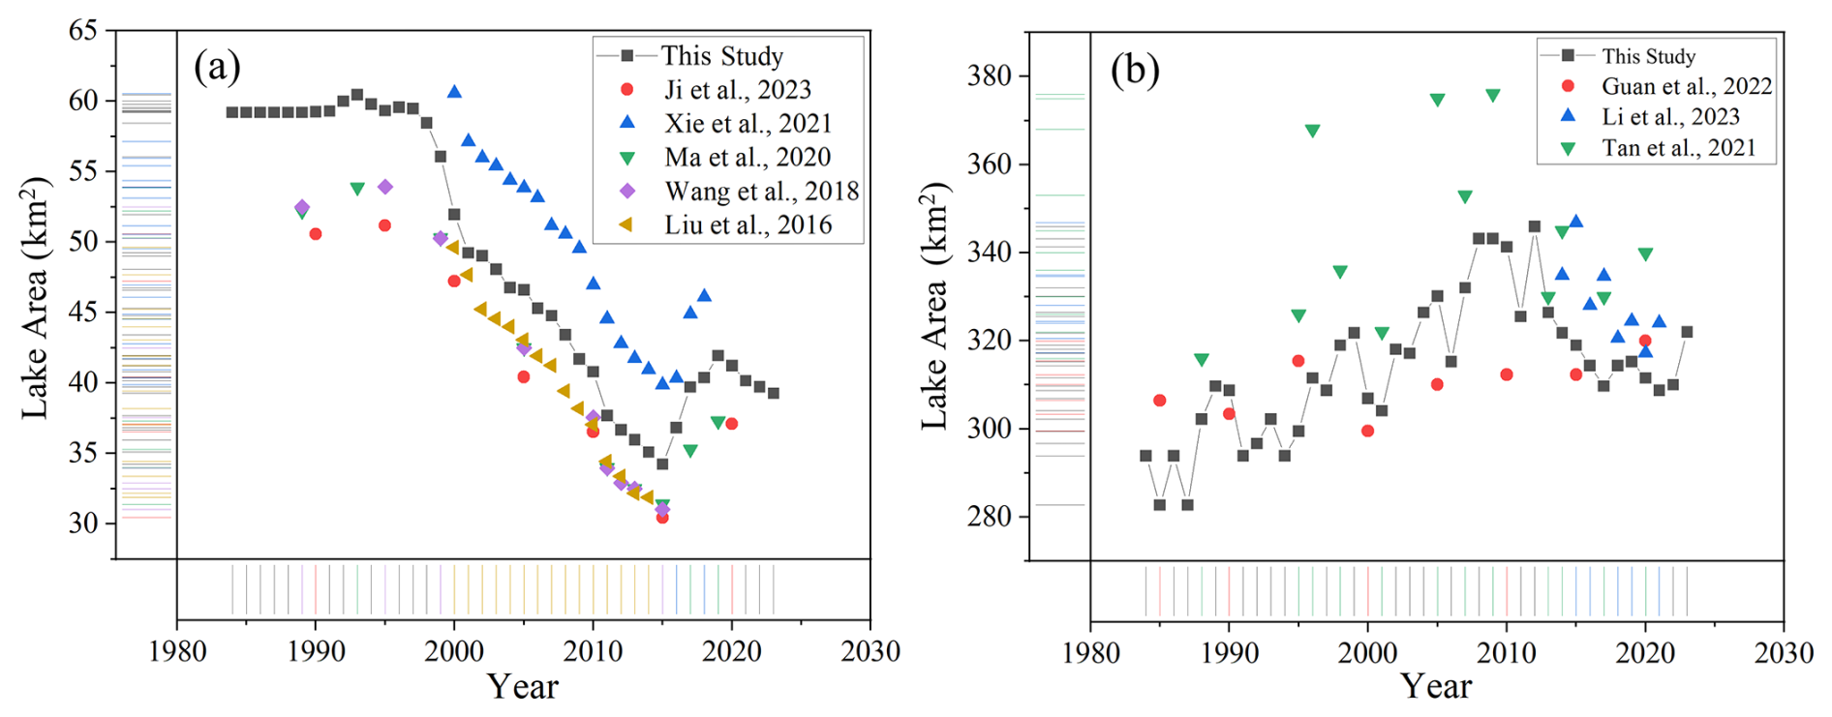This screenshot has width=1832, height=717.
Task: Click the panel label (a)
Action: coord(217,68)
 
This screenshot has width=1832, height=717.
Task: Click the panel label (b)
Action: coord(1134,70)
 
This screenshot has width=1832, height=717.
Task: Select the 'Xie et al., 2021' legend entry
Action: coord(748,123)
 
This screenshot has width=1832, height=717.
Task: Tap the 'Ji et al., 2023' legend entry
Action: coord(737,89)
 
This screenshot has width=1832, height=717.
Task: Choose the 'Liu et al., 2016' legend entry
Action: coord(748,224)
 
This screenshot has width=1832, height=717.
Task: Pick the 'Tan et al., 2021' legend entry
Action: coord(1678,148)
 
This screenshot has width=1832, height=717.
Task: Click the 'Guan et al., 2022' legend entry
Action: coord(1686,86)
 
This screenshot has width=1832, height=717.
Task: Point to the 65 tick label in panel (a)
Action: coord(83,30)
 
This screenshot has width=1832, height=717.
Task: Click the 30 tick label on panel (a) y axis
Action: coord(83,523)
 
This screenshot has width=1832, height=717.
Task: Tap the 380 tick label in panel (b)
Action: coord(990,75)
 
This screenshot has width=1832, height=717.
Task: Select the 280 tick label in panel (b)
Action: coord(990,517)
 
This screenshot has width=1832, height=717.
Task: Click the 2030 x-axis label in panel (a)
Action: coord(870,651)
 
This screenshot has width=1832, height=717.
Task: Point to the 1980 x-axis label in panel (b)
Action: coord(1091,652)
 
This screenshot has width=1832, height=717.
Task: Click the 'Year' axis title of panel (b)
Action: coord(1436,687)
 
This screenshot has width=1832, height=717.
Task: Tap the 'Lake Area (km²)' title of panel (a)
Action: coord(35,297)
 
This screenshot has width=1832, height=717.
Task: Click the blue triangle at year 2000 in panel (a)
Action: coord(454,92)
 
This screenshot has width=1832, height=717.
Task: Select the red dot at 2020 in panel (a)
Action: coord(731,424)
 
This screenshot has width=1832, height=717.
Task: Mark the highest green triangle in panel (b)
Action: coord(1492,96)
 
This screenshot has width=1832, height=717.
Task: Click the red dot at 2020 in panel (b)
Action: coord(1645,341)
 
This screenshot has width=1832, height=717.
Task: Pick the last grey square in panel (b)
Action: coord(1687,332)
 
